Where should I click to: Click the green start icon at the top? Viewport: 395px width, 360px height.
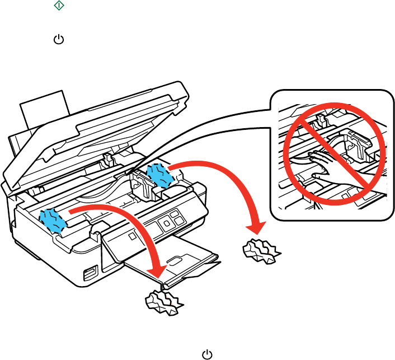point(59,6)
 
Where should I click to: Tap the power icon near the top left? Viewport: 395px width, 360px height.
point(58,41)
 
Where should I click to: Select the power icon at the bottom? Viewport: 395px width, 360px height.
point(207,354)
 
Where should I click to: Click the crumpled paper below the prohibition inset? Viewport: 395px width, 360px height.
point(262,250)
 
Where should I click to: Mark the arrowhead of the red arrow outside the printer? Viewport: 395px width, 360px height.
point(258,227)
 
